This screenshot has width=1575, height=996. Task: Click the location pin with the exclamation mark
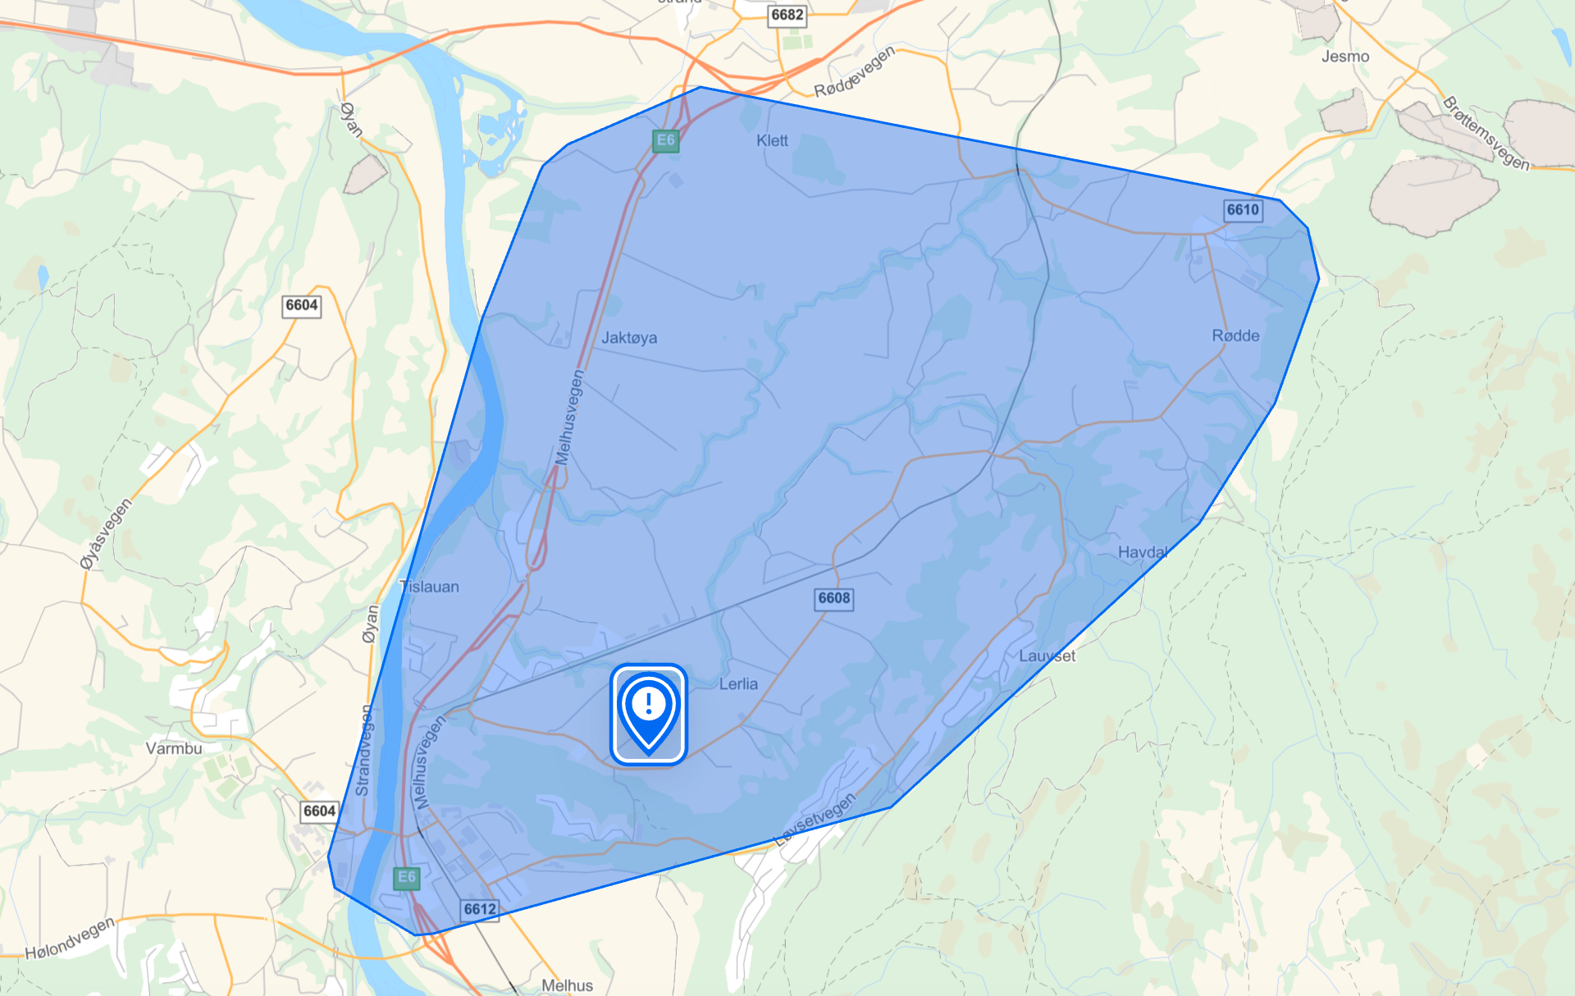pos(648,712)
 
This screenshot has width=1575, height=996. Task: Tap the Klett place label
pos(772,141)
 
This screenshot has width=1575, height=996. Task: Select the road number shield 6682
pos(787,15)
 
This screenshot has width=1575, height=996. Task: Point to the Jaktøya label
pos(629,337)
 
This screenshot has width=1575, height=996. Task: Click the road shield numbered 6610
pos(1242,210)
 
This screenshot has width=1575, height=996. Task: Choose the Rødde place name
pos(1235,336)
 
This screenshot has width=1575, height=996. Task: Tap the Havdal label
pos(1143,552)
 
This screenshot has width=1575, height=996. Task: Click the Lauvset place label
pos(1047,656)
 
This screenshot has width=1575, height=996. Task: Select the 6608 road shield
pos(833,598)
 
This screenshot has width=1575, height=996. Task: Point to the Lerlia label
pos(738,684)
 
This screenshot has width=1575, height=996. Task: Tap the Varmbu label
pos(174,748)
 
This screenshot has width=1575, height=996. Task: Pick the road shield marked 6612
pos(480,909)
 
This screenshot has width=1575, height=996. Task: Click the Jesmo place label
pos(1345,57)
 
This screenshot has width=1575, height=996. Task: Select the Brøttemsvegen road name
pos(1486,134)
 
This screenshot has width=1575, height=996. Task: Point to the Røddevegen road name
pos(853,72)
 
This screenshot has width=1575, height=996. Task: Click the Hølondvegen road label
pos(71,939)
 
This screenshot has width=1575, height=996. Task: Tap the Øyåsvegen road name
pos(106,533)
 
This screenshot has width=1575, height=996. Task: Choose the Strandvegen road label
pos(363,750)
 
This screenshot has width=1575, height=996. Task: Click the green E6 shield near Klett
pos(665,140)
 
